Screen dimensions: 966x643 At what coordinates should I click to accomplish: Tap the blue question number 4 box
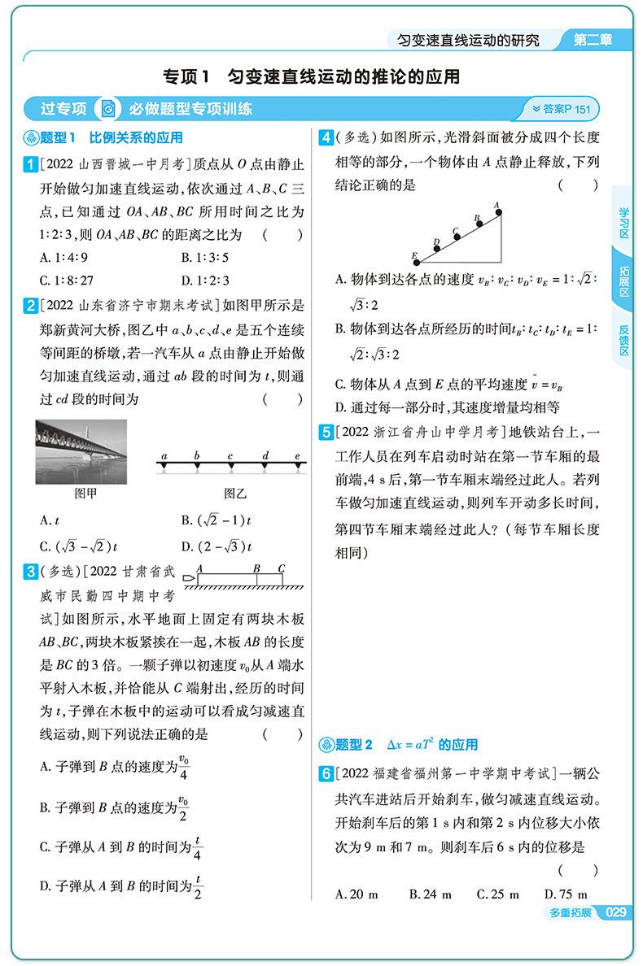[325, 137]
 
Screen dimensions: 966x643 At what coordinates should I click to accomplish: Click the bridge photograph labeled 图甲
[81, 451]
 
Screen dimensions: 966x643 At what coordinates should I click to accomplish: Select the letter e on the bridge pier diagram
[297, 457]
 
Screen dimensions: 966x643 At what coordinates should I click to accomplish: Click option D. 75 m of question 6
[565, 894]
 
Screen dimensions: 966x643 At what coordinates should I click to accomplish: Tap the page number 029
[616, 913]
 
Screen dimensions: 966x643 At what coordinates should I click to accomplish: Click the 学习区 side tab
[624, 223]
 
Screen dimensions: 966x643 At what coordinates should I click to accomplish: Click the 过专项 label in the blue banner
[63, 109]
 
